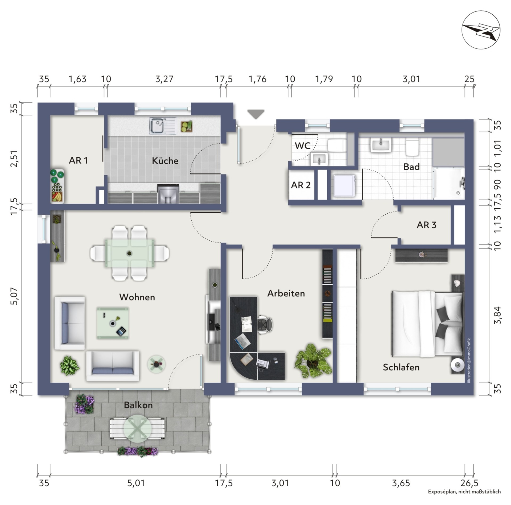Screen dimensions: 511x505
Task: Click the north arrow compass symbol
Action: (x=481, y=30)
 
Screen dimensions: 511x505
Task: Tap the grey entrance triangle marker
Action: (x=256, y=114)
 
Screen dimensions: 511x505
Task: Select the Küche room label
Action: (x=165, y=161)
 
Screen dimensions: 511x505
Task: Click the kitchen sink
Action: (x=162, y=126)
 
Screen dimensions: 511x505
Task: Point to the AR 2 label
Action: (x=301, y=185)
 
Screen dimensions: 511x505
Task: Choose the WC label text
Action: (x=303, y=146)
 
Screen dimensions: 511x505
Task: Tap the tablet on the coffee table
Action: (x=121, y=331)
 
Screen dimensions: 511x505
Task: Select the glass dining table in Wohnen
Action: (x=129, y=253)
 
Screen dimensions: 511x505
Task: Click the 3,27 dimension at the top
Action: (x=164, y=79)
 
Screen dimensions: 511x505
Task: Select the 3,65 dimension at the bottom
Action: (x=401, y=483)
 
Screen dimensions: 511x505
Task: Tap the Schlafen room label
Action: (x=401, y=367)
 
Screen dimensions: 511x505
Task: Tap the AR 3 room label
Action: (x=426, y=225)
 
